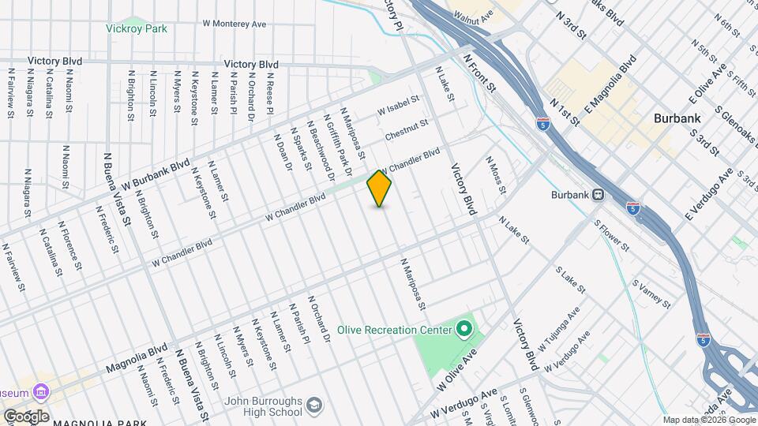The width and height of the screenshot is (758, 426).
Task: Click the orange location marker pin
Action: pyautogui.click(x=379, y=189)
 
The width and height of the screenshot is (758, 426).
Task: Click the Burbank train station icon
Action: pyautogui.click(x=599, y=194)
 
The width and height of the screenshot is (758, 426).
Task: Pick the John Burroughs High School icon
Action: pyautogui.click(x=314, y=405)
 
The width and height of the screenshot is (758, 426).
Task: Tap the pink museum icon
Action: pyautogui.click(x=40, y=392)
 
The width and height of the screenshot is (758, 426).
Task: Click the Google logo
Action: pyautogui.click(x=25, y=416)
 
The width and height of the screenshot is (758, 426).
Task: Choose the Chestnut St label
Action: pyautogui.click(x=406, y=130)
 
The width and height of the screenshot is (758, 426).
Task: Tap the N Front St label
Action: pyautogui.click(x=478, y=72)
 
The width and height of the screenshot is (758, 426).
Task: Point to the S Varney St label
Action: pyautogui.click(x=651, y=293)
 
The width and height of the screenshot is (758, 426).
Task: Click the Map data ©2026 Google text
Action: pyautogui.click(x=708, y=420)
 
